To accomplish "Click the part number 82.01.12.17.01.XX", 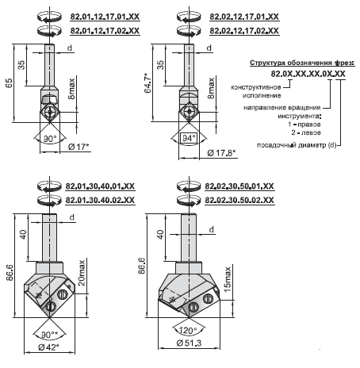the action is (x=105, y=17).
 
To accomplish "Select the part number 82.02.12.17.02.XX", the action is (x=244, y=31).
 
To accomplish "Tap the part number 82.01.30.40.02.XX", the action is (x=100, y=200).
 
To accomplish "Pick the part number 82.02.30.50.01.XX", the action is (x=239, y=186).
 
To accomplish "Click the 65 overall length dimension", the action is (x=9, y=83).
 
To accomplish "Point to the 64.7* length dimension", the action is (x=148, y=83).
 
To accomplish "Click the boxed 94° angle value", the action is (x=189, y=138).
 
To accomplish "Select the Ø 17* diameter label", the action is (x=79, y=147).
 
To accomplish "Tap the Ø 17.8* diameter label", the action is (x=221, y=153).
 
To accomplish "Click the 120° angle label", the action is (x=188, y=330).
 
